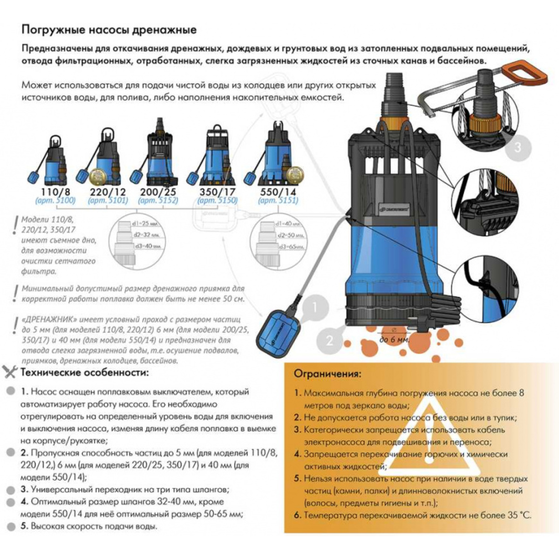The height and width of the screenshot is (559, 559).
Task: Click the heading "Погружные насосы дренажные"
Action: (109, 30)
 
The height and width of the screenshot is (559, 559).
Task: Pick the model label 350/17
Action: (217, 191)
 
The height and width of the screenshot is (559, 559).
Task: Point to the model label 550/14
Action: (278, 191)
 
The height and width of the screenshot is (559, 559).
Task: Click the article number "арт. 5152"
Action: (158, 201)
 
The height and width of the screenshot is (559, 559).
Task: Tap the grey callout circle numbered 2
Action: (330, 340)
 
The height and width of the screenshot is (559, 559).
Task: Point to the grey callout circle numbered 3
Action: (518, 148)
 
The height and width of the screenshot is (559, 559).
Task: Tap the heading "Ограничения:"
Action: (327, 374)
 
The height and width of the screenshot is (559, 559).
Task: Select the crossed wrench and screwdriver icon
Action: (10, 372)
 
